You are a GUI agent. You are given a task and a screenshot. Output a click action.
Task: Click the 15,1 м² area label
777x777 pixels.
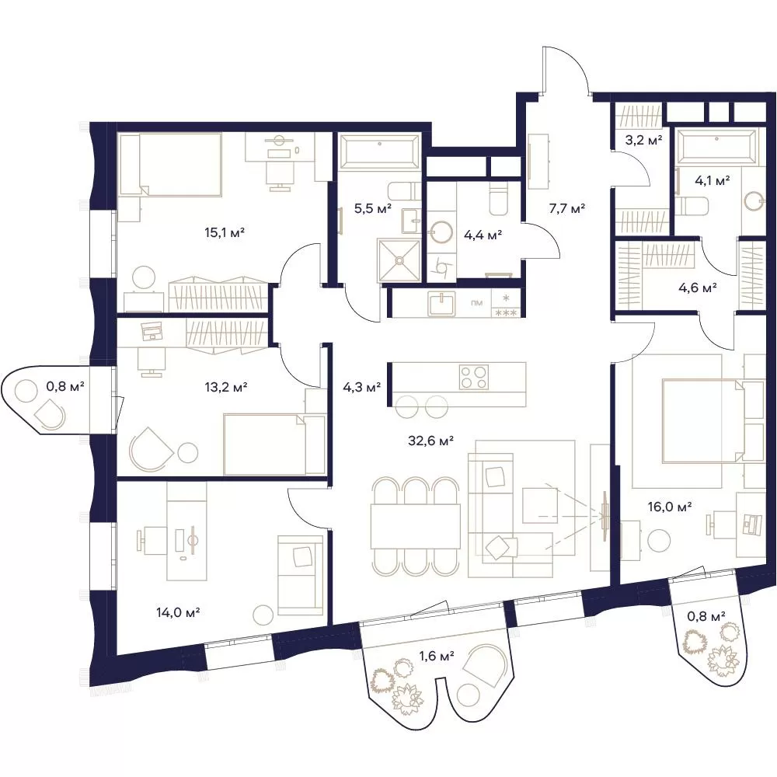225,232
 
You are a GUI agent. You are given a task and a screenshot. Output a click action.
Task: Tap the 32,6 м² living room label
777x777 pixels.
430,440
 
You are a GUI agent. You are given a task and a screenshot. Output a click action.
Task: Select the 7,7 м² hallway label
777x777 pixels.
567,208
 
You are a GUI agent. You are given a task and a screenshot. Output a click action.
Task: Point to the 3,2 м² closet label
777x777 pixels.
643,140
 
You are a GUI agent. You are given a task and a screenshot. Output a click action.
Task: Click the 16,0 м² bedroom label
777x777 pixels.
670,507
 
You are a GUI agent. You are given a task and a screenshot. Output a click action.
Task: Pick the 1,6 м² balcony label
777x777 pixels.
437,657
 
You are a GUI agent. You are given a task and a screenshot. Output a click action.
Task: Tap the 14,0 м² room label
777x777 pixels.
178,612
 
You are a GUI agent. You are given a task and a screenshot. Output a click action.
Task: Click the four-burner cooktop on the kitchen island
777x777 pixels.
474,378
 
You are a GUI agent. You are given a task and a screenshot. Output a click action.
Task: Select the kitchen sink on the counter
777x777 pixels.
441,303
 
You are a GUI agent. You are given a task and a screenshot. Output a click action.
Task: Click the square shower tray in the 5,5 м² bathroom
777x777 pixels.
399,260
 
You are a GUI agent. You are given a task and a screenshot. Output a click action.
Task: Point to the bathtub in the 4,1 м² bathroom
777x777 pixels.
716,146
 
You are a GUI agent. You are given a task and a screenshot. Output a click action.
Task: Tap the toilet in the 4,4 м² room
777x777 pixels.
498,200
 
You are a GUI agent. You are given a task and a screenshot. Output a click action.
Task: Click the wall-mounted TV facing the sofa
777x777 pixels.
605,516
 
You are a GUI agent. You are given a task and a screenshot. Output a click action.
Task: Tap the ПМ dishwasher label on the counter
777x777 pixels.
477,303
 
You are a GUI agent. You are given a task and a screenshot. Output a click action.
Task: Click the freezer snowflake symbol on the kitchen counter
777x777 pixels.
506,298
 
